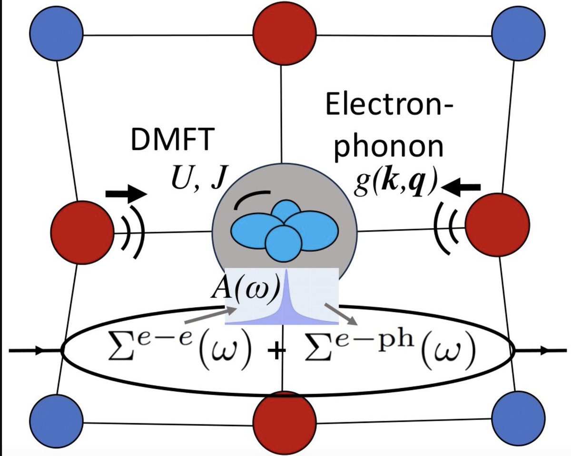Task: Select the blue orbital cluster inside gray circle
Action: coord(285,229)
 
